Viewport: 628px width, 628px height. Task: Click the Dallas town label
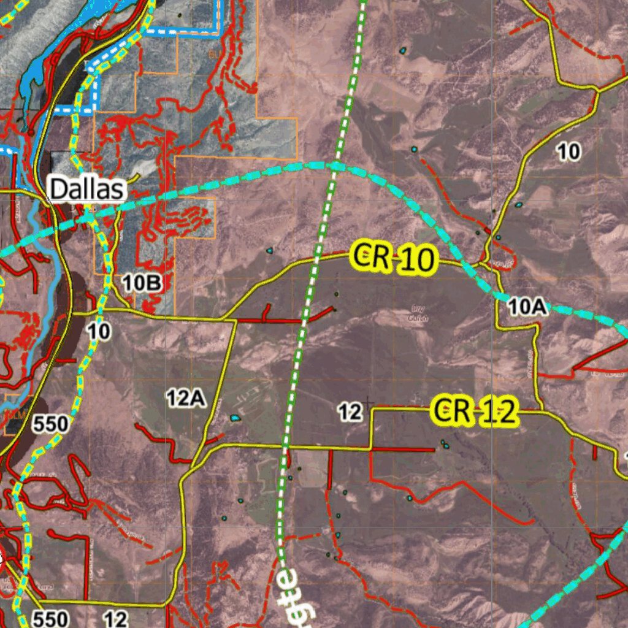tap(87, 190)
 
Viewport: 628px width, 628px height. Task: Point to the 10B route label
tap(141, 283)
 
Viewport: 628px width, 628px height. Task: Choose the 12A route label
tap(185, 399)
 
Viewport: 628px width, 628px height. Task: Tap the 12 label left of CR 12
tap(350, 412)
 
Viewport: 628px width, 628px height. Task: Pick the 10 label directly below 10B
tap(99, 332)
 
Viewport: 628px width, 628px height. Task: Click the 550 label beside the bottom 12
tap(50, 618)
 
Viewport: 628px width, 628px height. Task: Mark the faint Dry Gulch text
tap(418, 314)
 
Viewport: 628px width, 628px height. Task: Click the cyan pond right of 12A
tap(234, 418)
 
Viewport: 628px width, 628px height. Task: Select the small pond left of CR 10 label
tap(269, 250)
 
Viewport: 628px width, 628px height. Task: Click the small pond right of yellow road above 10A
tap(518, 205)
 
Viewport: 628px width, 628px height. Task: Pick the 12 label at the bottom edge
tap(116, 618)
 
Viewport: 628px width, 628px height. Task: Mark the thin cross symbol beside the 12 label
tap(367, 403)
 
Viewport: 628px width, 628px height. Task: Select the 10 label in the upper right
tap(569, 151)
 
